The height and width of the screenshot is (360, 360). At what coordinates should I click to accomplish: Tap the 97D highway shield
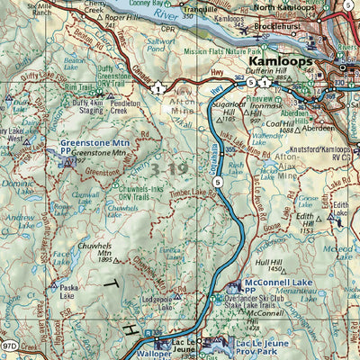10,345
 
